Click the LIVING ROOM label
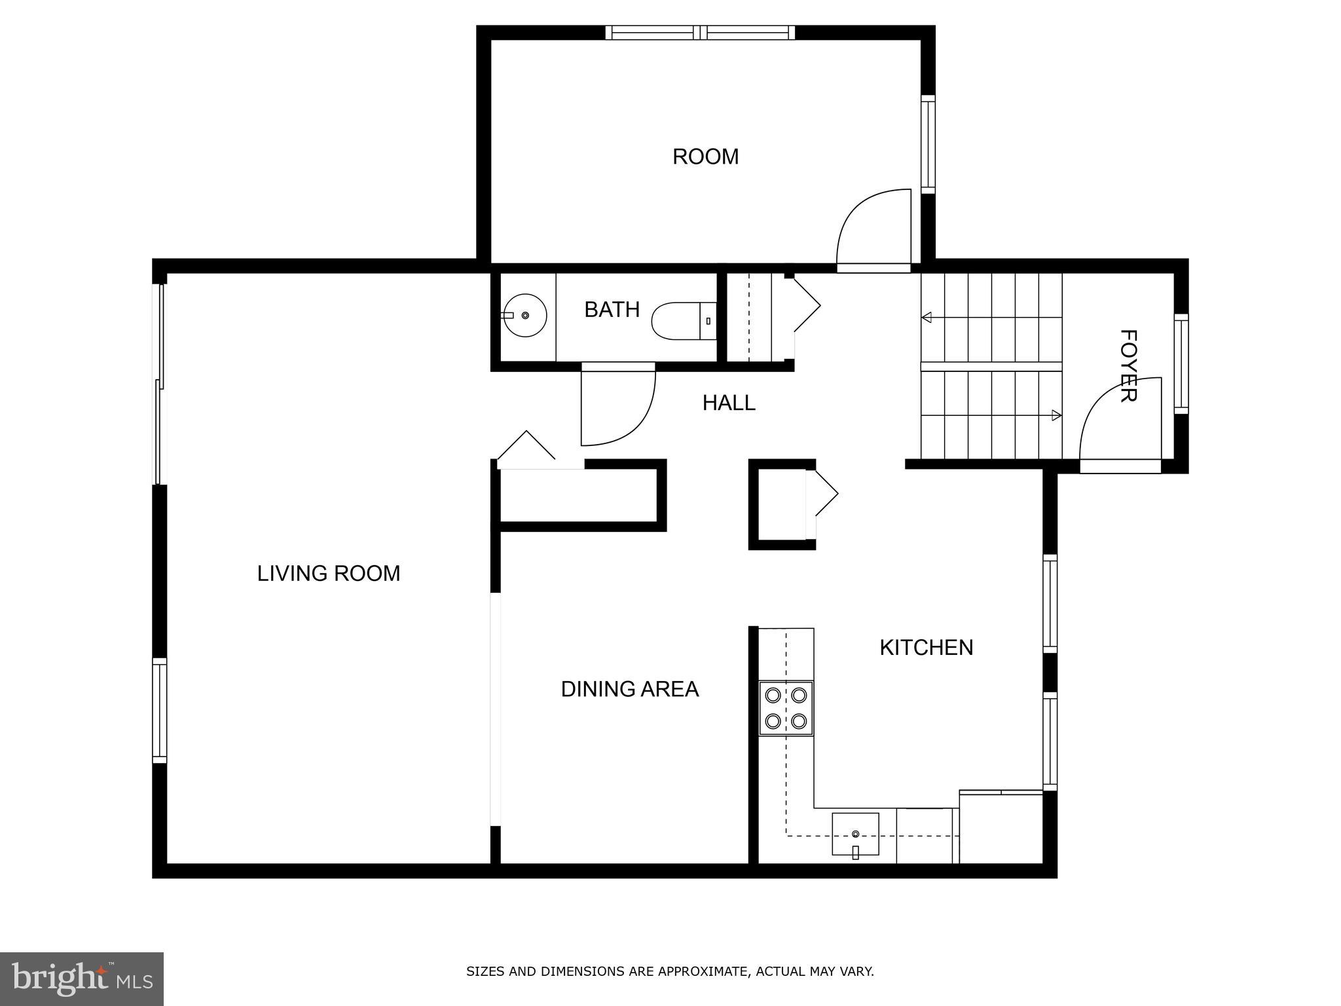point(328,573)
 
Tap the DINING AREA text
point(629,689)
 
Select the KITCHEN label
point(926,647)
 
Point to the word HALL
point(729,403)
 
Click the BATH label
point(612,309)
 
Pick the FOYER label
point(1128,365)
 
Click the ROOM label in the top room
point(705,157)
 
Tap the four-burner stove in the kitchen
point(786,708)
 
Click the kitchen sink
point(855,834)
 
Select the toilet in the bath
point(683,321)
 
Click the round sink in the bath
point(525,316)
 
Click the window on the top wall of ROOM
point(700,33)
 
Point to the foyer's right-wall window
point(1181,363)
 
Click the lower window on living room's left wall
point(159,711)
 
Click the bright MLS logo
point(82,978)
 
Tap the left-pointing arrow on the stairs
point(927,318)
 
